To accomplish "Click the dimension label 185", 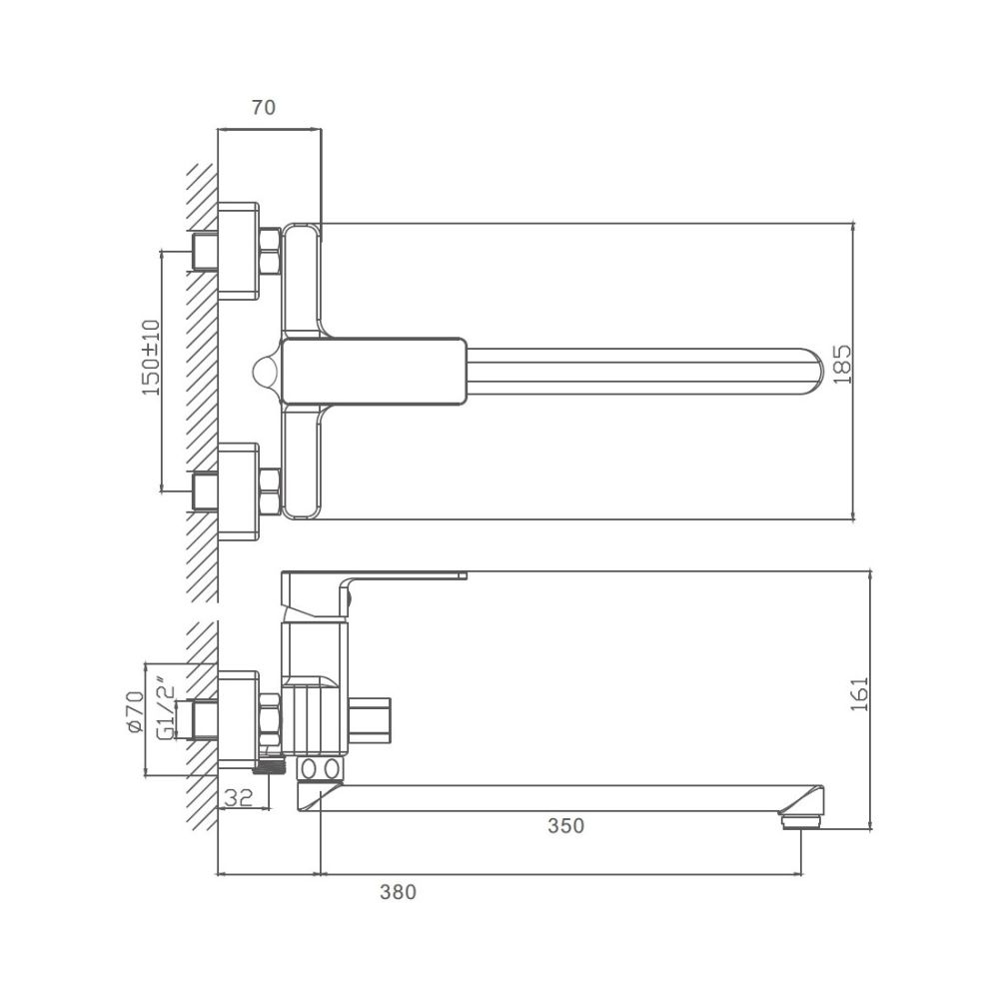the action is click(842, 365).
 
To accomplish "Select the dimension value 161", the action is click(860, 694).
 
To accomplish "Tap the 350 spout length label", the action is click(565, 826).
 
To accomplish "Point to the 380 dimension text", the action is click(399, 892).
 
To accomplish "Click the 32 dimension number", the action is click(239, 797).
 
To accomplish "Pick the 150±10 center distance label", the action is click(152, 358).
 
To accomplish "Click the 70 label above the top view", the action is click(264, 108).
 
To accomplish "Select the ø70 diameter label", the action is click(136, 711).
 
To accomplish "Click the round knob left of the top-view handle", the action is click(267, 371).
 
